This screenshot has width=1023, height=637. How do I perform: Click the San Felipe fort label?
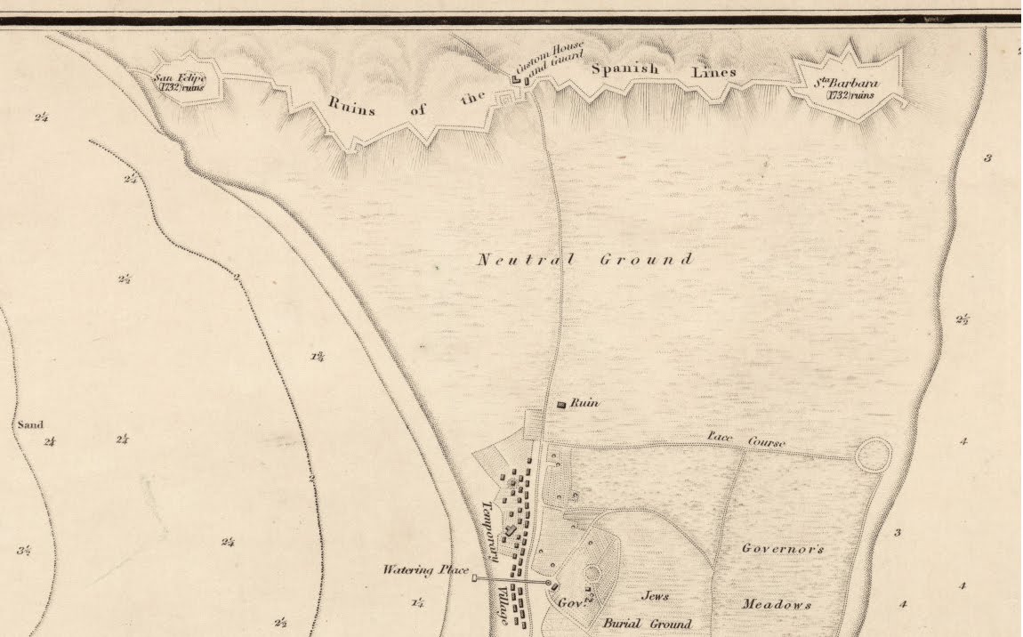point(181,82)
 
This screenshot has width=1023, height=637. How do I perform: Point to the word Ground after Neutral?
point(647,260)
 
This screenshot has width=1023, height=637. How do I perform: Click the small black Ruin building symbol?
point(560,405)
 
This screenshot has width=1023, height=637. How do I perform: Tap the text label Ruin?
point(584,403)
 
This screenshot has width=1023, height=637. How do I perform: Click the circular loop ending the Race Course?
point(873,455)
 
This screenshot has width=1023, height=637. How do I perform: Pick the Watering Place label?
point(421,569)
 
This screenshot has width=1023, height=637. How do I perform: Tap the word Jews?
point(655,596)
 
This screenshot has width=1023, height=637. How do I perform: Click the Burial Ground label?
point(647,624)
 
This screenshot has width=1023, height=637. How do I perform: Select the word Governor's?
point(783,549)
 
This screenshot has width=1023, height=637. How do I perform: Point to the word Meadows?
point(777,604)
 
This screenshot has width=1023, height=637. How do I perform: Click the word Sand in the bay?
point(30,425)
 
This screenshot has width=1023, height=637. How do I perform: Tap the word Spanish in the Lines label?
point(622,69)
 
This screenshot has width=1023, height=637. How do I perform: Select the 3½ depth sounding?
point(24,551)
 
